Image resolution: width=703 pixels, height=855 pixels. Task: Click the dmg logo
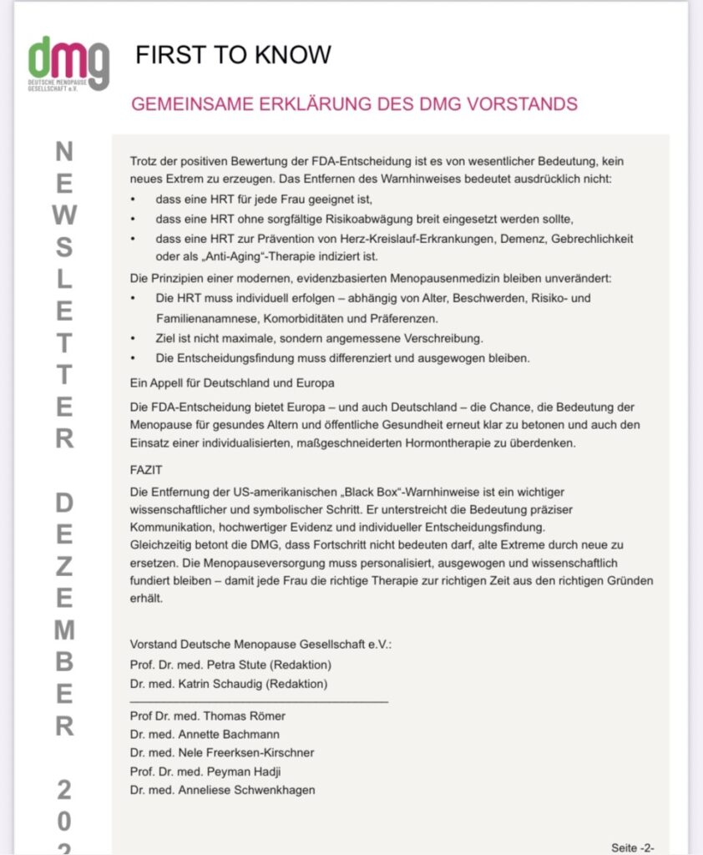[68, 63]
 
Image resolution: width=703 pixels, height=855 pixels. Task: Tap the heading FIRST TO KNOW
[233, 55]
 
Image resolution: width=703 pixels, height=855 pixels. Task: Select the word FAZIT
[147, 470]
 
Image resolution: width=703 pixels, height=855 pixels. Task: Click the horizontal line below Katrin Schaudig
[259, 701]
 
